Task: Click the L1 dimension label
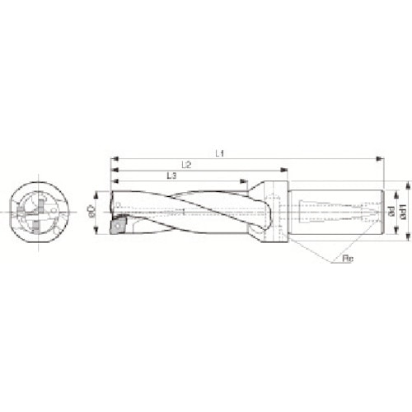tap(219, 152)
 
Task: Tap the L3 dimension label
tap(171, 176)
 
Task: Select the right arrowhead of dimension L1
tap(380, 157)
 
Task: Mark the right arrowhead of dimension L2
tap(288, 169)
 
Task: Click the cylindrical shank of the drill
tap(338, 213)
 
